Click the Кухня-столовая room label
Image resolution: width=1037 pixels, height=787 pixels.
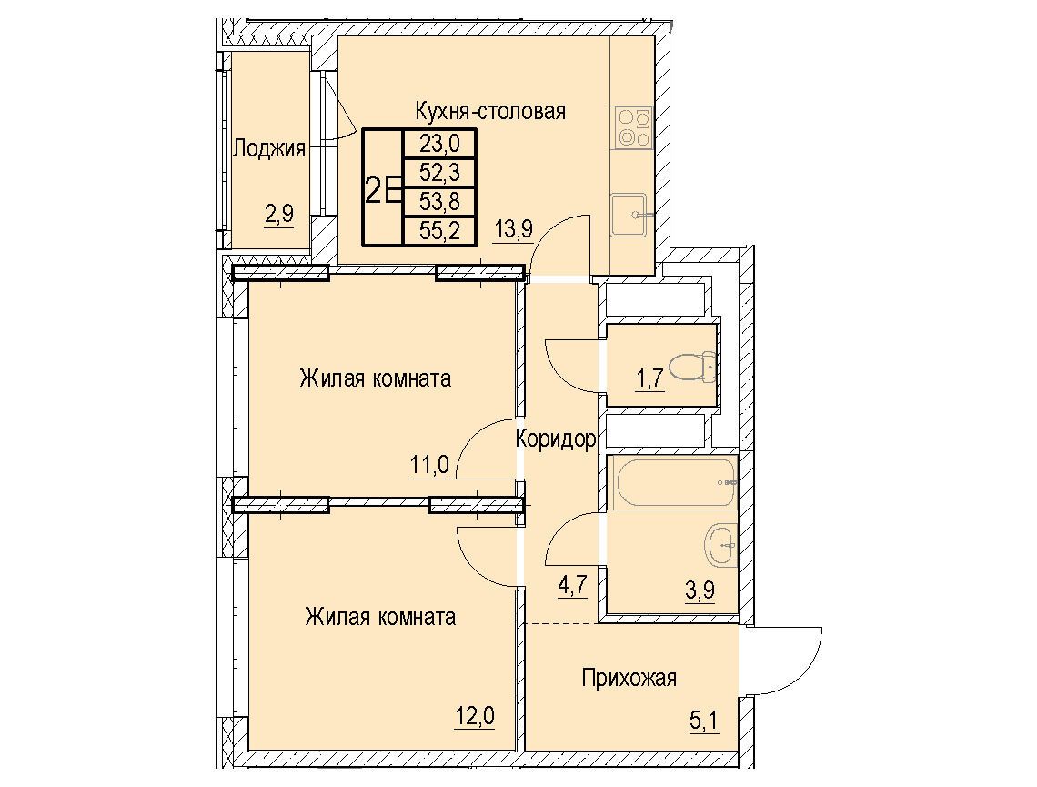pyautogui.click(x=490, y=111)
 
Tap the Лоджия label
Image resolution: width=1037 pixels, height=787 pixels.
pyautogui.click(x=269, y=148)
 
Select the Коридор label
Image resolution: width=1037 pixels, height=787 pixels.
pyautogui.click(x=556, y=439)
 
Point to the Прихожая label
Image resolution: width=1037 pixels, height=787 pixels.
pyautogui.click(x=629, y=678)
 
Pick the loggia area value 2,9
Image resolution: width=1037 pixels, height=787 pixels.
pyautogui.click(x=279, y=216)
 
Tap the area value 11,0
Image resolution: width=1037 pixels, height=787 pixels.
pyautogui.click(x=429, y=466)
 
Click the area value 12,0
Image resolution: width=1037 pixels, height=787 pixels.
pyautogui.click(x=475, y=715)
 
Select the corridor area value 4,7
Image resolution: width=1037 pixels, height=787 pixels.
pyautogui.click(x=573, y=587)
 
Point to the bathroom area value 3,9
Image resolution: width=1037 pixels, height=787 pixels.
pyautogui.click(x=700, y=589)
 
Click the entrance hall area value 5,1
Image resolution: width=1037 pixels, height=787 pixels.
pyautogui.click(x=704, y=721)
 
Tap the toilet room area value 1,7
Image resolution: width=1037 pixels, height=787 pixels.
pyautogui.click(x=650, y=381)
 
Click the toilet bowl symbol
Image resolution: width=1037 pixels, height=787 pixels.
pyautogui.click(x=691, y=366)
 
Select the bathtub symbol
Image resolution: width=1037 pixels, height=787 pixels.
pyautogui.click(x=675, y=482)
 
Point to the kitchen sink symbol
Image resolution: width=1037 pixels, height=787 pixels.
pyautogui.click(x=629, y=215)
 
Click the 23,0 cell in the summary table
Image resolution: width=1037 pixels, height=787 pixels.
pyautogui.click(x=439, y=143)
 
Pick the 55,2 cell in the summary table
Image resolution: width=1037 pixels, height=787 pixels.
pyautogui.click(x=439, y=231)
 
